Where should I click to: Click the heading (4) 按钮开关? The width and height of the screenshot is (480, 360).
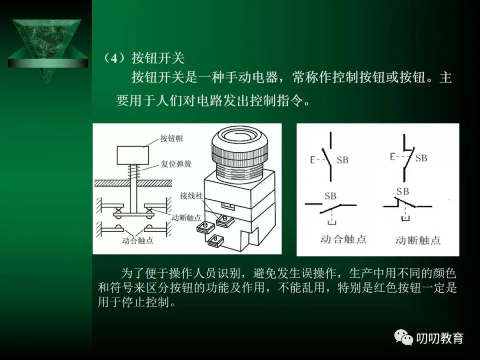[x=143, y=58]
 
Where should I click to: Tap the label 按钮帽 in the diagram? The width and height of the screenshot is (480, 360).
[x=171, y=138]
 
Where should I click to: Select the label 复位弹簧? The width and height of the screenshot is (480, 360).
[x=176, y=164]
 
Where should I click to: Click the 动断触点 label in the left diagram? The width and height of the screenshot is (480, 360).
[x=186, y=218]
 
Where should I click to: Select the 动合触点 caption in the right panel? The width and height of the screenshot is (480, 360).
[x=343, y=239]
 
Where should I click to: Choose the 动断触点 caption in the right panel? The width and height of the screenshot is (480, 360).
[x=418, y=240]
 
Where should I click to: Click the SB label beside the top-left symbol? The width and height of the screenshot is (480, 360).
[x=342, y=160]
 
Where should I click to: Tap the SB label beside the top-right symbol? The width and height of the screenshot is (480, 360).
[x=420, y=158]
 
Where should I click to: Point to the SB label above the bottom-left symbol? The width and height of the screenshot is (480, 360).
[x=330, y=196]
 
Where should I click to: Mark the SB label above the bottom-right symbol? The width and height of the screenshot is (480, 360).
[x=402, y=192]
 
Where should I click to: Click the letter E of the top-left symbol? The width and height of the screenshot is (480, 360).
[x=312, y=160]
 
